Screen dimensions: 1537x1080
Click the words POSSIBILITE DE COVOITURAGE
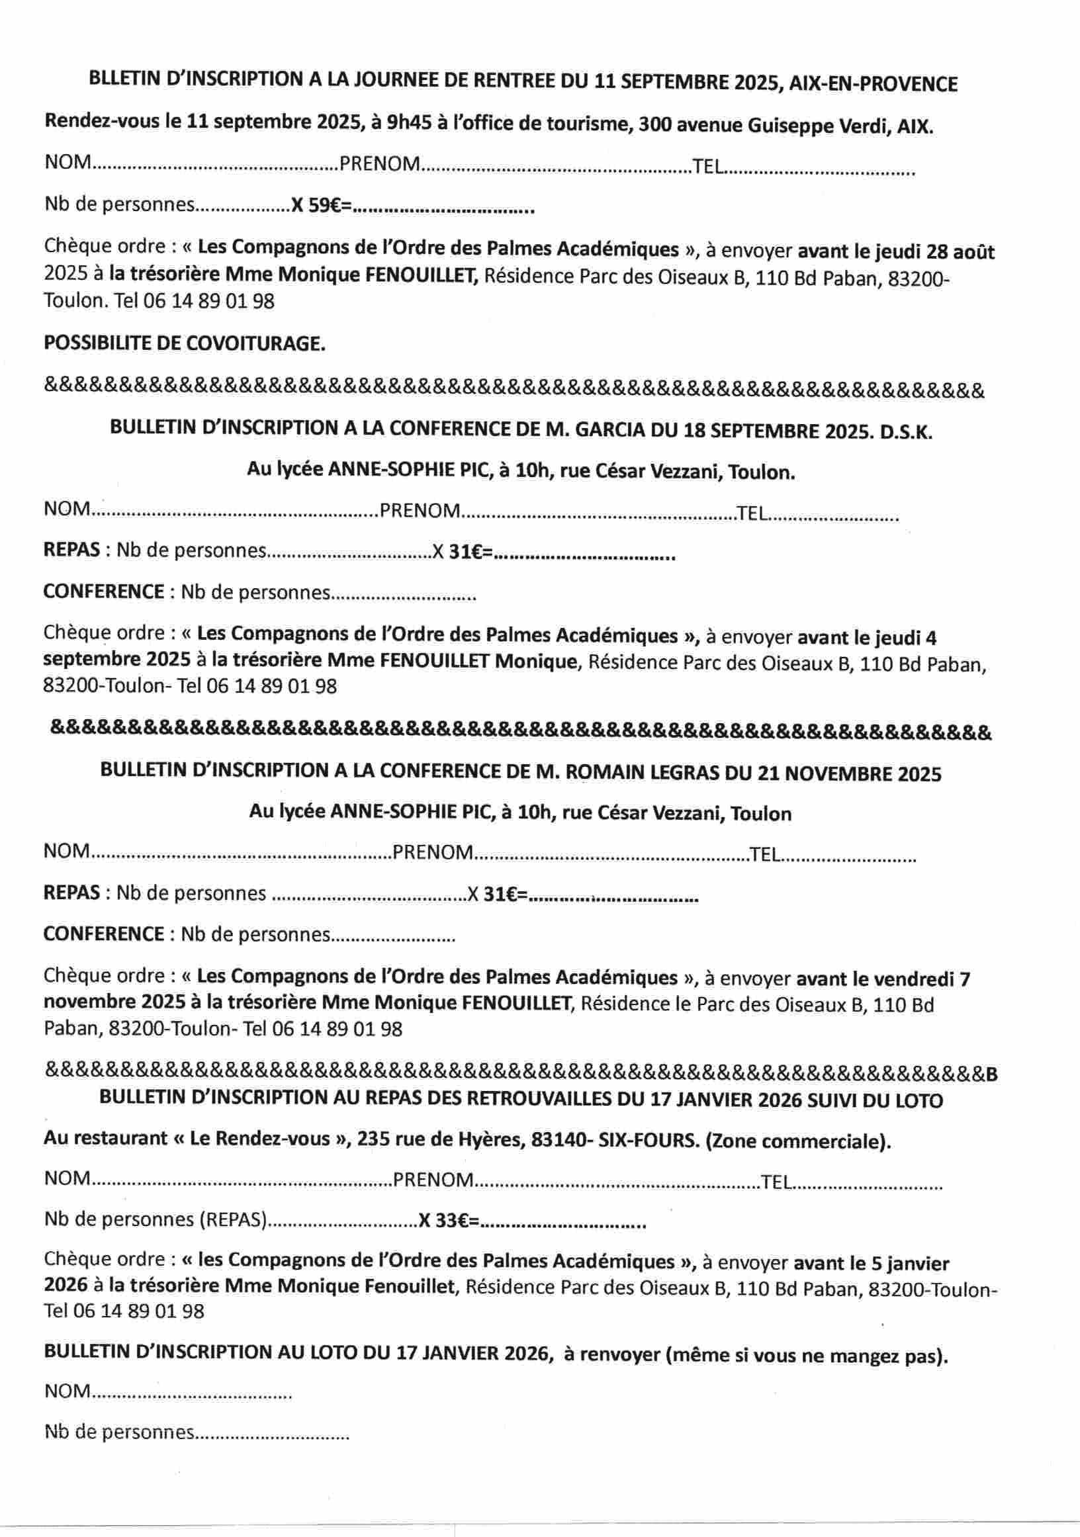pyautogui.click(x=184, y=343)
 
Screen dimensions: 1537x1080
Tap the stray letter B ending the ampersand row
pyautogui.click(x=991, y=1075)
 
